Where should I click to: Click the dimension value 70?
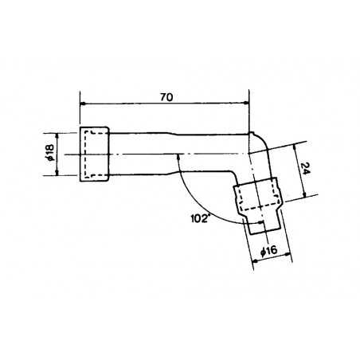166,97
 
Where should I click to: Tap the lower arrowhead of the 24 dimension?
305,195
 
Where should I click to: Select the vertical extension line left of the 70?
80,112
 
